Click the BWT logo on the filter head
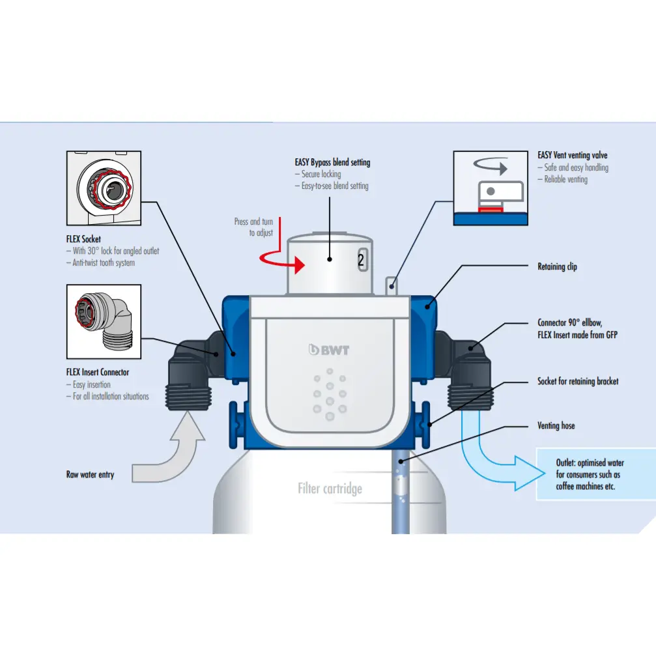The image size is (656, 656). (330, 350)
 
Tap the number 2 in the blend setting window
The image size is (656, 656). (361, 261)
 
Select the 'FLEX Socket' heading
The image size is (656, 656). (83, 239)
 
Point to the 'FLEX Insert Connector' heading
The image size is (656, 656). (98, 373)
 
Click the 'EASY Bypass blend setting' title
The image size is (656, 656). (332, 162)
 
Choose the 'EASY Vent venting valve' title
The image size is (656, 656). (573, 156)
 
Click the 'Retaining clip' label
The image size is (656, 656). (557, 266)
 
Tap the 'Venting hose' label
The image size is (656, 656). (556, 425)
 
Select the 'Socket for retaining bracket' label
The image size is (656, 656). (578, 381)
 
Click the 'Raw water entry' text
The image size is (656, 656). (90, 474)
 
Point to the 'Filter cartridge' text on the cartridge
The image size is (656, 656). (330, 488)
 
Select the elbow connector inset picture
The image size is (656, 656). (104, 321)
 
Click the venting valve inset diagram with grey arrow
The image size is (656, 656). (490, 188)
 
